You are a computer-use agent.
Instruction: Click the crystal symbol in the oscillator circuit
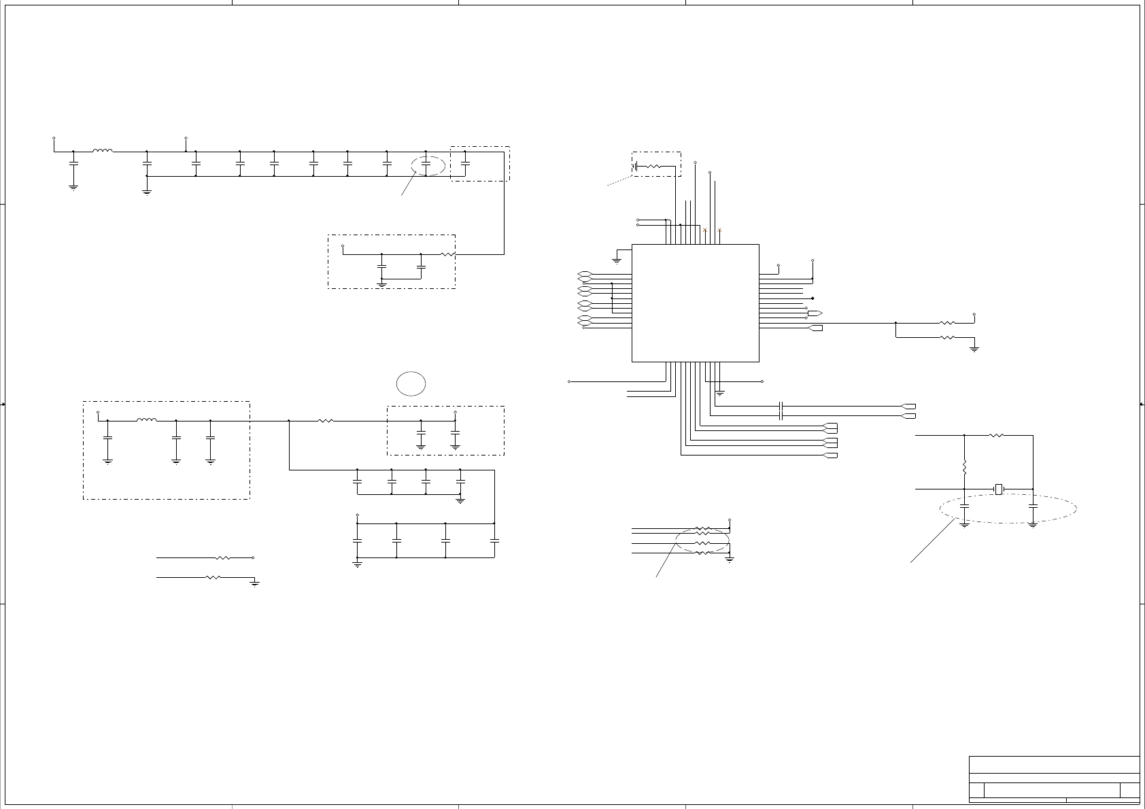(x=999, y=489)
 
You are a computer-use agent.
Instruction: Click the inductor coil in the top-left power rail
(x=103, y=151)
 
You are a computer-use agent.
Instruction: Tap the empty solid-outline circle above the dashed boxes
(x=411, y=384)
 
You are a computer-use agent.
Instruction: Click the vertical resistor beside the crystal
(x=964, y=468)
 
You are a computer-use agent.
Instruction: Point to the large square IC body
(x=695, y=303)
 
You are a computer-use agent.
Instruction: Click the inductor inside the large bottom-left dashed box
(x=146, y=420)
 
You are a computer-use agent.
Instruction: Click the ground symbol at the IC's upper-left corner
(x=617, y=258)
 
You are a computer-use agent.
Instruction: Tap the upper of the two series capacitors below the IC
(x=781, y=407)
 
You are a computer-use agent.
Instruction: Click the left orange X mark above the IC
(x=705, y=232)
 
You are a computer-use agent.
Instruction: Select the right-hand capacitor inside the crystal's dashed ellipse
(x=1033, y=507)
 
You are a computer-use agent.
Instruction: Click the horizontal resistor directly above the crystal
(x=996, y=435)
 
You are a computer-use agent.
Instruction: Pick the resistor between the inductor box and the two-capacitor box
(x=326, y=421)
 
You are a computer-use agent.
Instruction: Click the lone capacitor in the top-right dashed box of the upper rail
(x=465, y=164)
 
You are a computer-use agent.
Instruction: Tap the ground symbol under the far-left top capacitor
(x=73, y=186)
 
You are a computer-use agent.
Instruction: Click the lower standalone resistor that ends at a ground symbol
(x=213, y=577)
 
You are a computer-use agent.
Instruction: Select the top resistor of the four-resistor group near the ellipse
(x=703, y=528)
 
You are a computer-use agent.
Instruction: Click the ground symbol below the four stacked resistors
(x=730, y=559)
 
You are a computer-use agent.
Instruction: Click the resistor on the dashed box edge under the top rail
(x=447, y=254)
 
